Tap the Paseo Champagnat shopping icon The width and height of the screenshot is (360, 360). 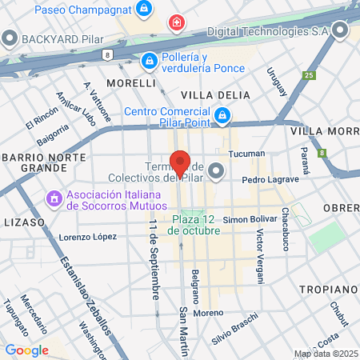click(x=143, y=9)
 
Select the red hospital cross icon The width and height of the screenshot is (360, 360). click(x=176, y=25)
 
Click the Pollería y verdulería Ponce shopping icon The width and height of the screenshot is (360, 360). click(x=149, y=61)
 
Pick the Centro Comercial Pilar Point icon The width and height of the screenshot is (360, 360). click(x=221, y=117)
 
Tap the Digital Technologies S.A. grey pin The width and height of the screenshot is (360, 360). click(x=341, y=32)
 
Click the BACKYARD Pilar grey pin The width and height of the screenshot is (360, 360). click(x=10, y=37)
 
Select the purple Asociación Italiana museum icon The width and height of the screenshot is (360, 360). click(x=54, y=196)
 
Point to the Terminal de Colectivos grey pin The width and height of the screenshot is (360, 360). click(x=216, y=171)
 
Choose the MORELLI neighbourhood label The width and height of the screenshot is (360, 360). click(x=131, y=82)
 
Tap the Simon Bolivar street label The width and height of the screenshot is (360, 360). click(x=249, y=218)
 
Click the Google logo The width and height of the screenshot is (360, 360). click(x=26, y=350)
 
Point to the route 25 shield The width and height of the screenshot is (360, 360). click(x=309, y=75)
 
